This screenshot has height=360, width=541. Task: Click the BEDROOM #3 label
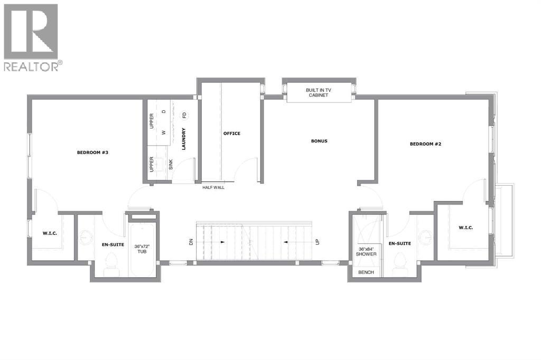(x=92, y=153)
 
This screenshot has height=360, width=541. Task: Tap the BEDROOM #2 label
(x=425, y=144)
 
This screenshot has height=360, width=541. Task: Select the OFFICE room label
(x=231, y=134)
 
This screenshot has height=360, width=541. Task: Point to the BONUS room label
(x=319, y=141)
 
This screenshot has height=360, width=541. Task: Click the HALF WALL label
(x=213, y=187)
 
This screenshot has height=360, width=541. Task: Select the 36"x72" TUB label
(x=140, y=249)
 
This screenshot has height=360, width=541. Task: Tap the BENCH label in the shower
(x=366, y=272)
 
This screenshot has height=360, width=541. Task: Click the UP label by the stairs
(x=318, y=242)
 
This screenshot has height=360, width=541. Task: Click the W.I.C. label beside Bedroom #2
(x=465, y=228)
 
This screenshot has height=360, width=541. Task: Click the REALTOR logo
(x=32, y=37)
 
